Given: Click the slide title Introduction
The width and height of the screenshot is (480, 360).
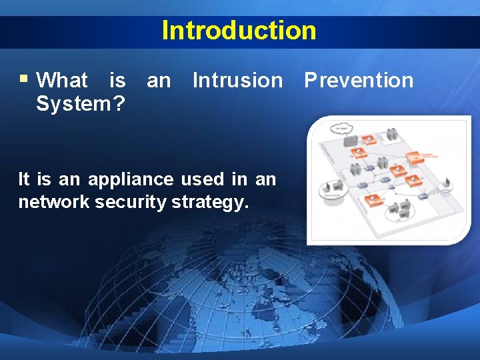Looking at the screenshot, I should (x=239, y=31).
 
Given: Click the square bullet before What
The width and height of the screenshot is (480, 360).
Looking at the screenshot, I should (x=23, y=79).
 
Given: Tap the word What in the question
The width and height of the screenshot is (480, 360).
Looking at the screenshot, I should (x=62, y=81).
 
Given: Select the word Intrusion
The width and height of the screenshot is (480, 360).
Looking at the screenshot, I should (x=237, y=81).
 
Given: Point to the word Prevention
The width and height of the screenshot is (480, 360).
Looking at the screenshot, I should (x=359, y=81).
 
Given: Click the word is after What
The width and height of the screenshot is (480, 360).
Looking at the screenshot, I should (x=117, y=81).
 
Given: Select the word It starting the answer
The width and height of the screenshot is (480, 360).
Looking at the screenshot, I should (x=24, y=179).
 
